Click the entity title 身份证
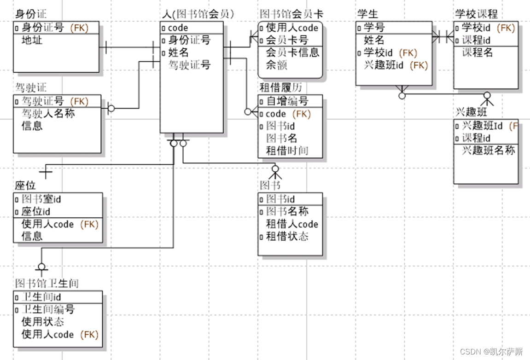[31, 14]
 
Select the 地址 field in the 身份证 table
[32, 41]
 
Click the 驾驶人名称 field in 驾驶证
[48, 113]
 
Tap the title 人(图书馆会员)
[198, 14]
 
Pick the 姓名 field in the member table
[178, 52]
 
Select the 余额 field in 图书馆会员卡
[277, 65]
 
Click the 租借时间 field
[287, 151]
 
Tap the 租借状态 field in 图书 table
[287, 237]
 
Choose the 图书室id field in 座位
[41, 199]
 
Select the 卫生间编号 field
[48, 309]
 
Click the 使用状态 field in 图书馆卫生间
[43, 322]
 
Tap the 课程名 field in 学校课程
[478, 52]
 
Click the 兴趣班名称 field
[488, 151]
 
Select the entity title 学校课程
[476, 14]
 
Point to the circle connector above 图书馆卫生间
[41, 267]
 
